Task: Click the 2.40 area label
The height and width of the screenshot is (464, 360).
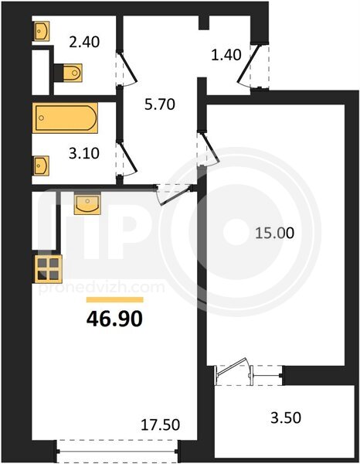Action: pos(84,42)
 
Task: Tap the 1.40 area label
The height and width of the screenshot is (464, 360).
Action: pos(226,55)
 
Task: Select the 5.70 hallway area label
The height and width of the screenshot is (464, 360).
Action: pos(160,104)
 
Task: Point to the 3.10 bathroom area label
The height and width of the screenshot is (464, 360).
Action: pos(84,154)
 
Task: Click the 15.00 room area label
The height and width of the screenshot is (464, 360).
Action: pos(274,234)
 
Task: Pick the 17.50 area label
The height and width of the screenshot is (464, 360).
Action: pos(160,425)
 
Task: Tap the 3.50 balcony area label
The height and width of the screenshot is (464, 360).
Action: pos(286,418)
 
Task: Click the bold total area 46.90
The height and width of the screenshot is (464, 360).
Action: pos(114,319)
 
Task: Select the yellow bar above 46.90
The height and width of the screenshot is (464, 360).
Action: pos(114,300)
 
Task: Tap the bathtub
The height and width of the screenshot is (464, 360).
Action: pos(65,118)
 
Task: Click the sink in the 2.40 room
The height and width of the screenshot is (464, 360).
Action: pos(41,31)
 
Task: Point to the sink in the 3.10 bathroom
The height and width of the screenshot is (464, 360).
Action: pos(41,165)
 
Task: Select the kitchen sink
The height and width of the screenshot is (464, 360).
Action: pos(87,203)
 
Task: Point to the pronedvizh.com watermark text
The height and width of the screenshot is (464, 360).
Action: pos(101,288)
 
